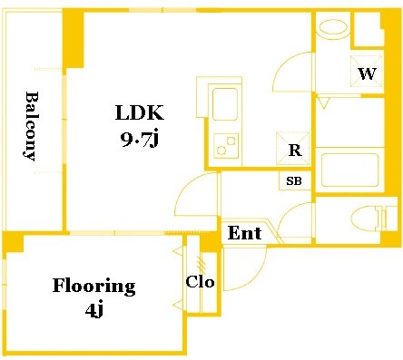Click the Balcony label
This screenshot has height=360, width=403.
[31, 126]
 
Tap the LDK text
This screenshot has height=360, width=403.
[140, 113]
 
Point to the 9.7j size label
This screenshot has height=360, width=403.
[140, 139]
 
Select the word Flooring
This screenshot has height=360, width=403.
[94, 287]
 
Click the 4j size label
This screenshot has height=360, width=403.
[94, 310]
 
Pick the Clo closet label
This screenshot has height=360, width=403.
[200, 282]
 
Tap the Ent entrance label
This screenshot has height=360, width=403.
[244, 233]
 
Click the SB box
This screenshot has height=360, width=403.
[294, 180]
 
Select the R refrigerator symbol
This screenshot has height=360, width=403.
[293, 149]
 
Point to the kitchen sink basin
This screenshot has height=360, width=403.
[225, 104]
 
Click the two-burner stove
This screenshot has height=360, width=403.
[226, 146]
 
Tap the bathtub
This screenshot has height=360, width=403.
[349, 170]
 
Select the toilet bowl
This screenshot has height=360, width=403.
[365, 217]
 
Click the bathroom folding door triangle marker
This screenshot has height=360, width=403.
[324, 103]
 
